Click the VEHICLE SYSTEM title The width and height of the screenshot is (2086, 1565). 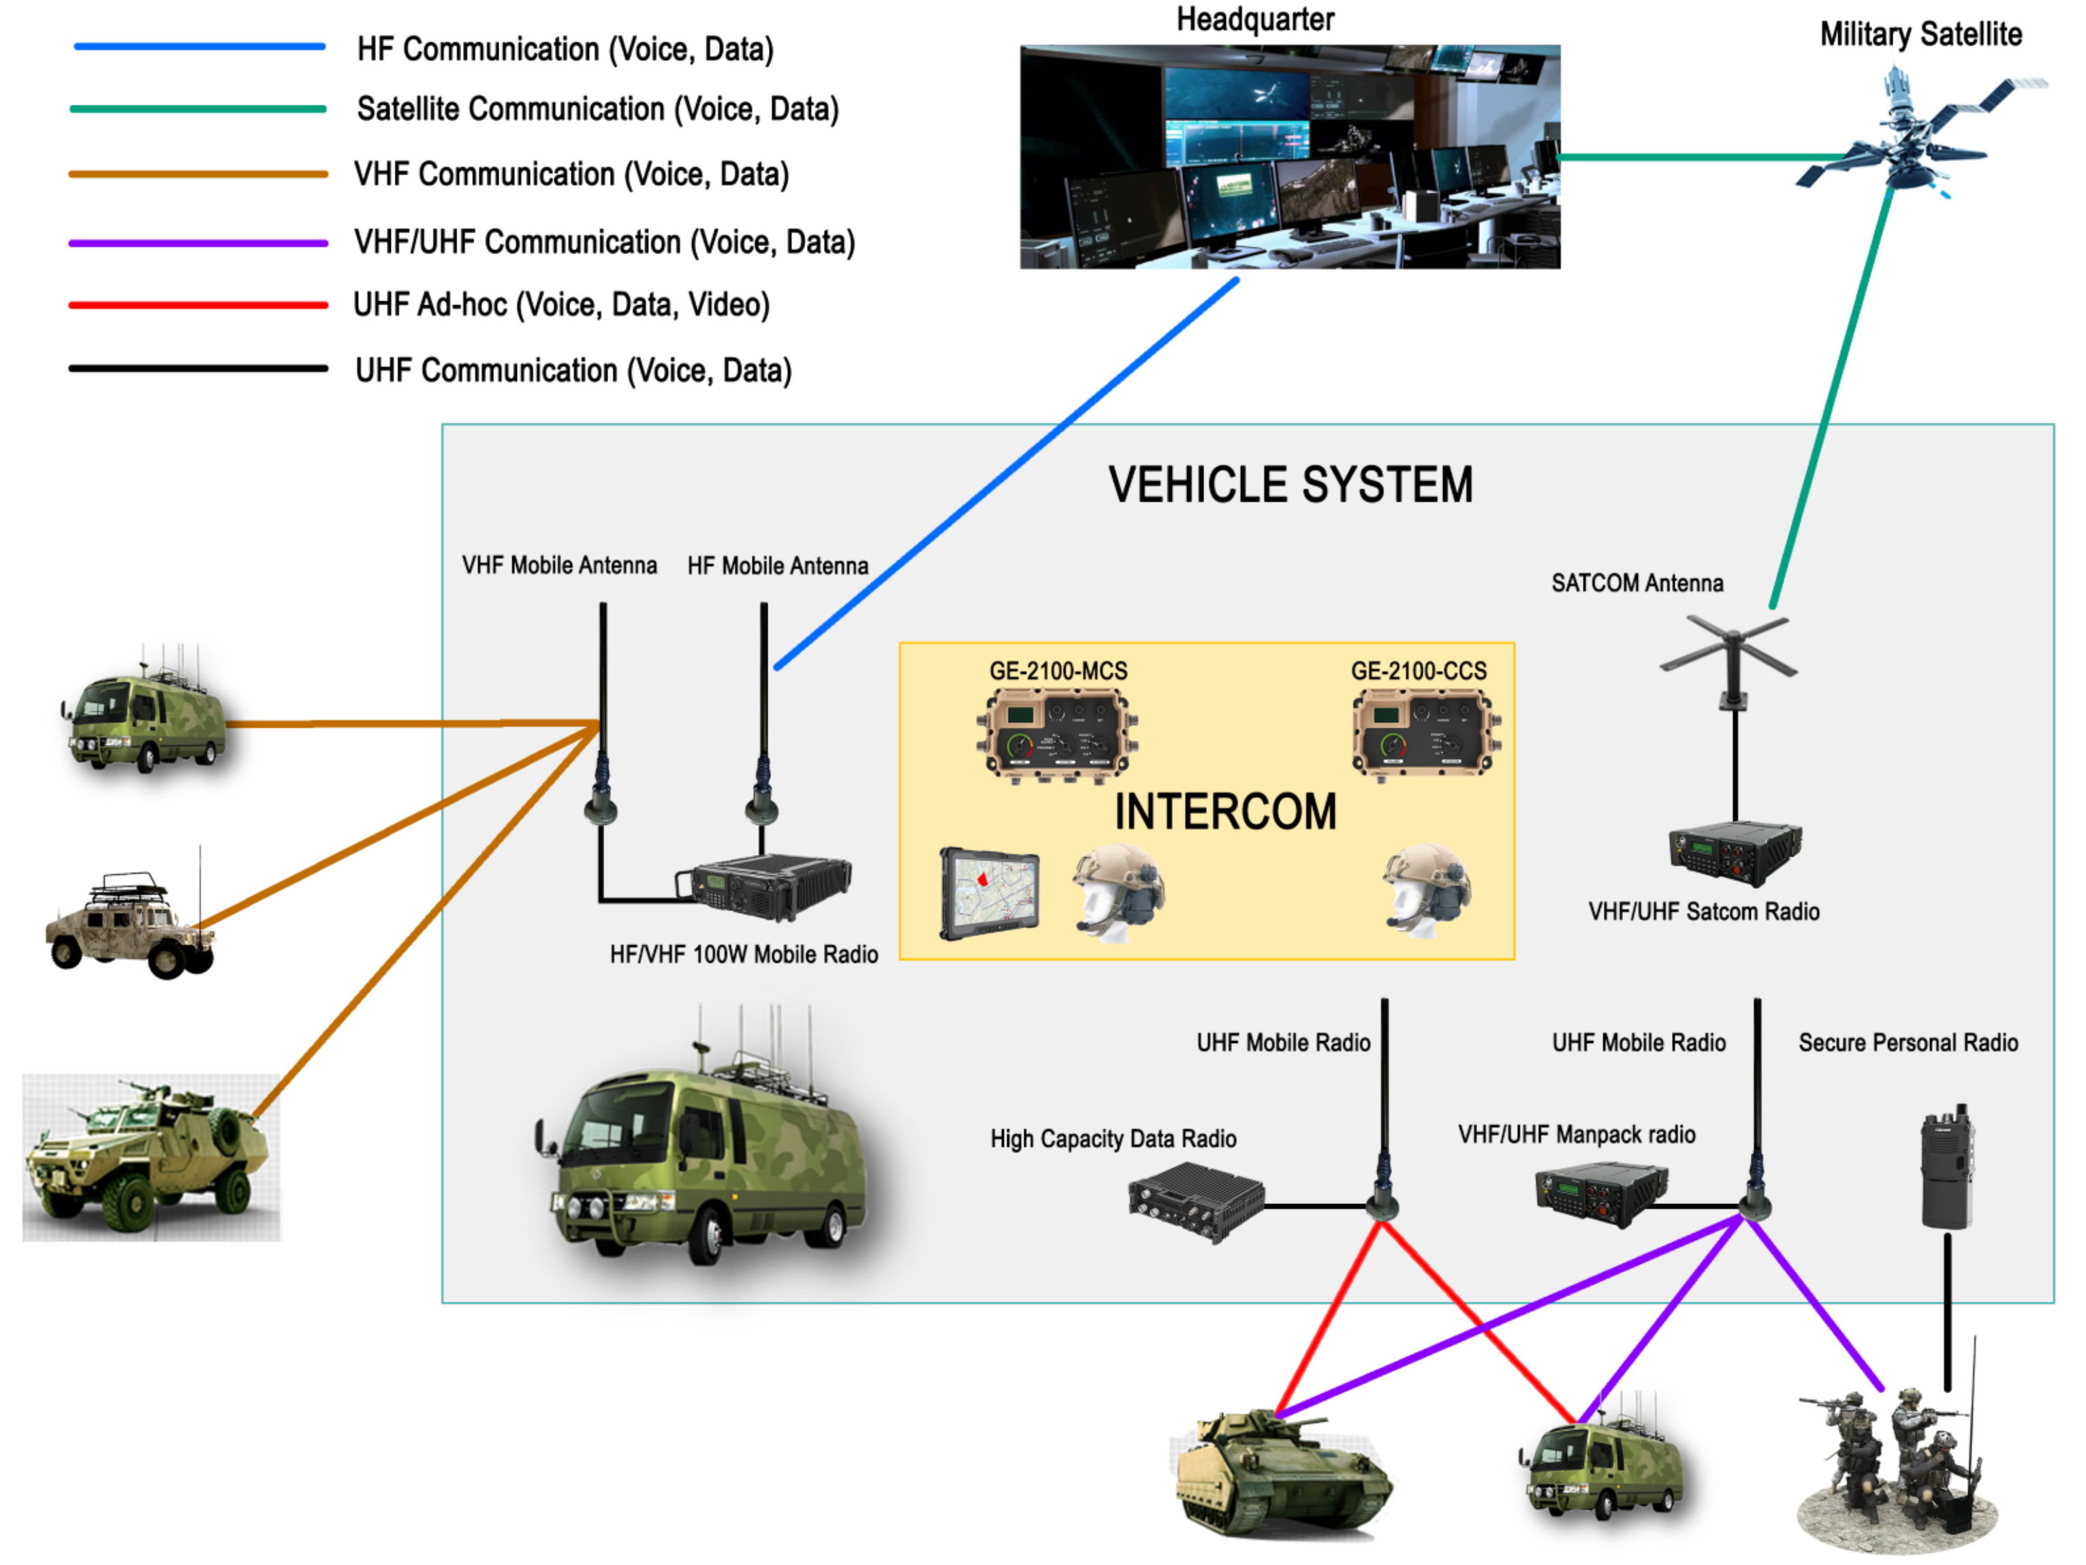pos(1289,486)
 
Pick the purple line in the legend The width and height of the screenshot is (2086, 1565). pos(198,243)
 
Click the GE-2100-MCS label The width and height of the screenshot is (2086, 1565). pos(1058,670)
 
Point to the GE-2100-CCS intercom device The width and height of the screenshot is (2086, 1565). pos(1425,732)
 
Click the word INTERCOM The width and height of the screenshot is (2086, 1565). pos(1225,812)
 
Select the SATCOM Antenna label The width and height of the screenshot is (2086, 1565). pos(1637,583)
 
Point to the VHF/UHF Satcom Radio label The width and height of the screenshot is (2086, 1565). pos(1703,911)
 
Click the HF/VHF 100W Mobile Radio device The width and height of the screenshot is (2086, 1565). pos(765,886)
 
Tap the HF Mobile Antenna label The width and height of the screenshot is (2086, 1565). pos(778,566)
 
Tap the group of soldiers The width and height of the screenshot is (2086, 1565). pos(1895,1462)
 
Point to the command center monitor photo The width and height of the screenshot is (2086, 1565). pos(1289,157)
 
